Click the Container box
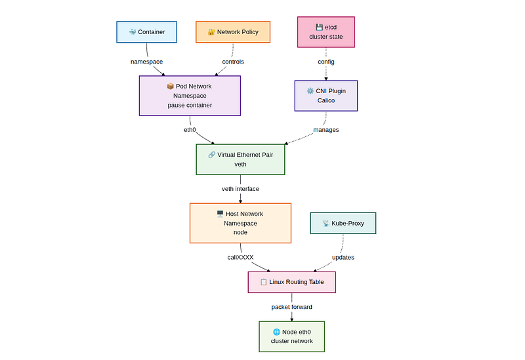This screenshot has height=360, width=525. click(x=146, y=32)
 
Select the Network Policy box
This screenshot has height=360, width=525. click(x=233, y=32)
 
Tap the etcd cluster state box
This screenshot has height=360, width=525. click(x=326, y=32)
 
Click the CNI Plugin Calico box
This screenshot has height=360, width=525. click(x=326, y=96)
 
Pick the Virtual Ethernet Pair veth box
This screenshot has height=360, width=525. click(x=240, y=159)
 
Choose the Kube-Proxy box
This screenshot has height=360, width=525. click(x=343, y=223)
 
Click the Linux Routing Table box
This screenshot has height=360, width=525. click(x=291, y=282)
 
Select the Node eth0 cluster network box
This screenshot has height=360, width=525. click(x=291, y=336)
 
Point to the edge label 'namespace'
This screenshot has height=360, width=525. click(x=146, y=62)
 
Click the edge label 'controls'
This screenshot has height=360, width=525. click(x=233, y=62)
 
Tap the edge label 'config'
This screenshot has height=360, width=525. click(x=326, y=62)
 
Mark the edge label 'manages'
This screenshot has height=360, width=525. click(x=326, y=130)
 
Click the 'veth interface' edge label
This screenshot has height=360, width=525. click(x=240, y=189)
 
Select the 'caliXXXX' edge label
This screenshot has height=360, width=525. click(x=240, y=257)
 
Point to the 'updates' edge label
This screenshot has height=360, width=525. click(x=343, y=257)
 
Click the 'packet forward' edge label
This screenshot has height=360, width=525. click(x=291, y=307)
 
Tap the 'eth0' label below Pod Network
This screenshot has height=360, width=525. click(x=190, y=130)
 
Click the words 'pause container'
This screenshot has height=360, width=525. click(x=190, y=105)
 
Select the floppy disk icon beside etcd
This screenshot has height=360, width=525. click(x=319, y=28)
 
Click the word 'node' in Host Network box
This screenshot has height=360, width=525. click(x=240, y=232)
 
